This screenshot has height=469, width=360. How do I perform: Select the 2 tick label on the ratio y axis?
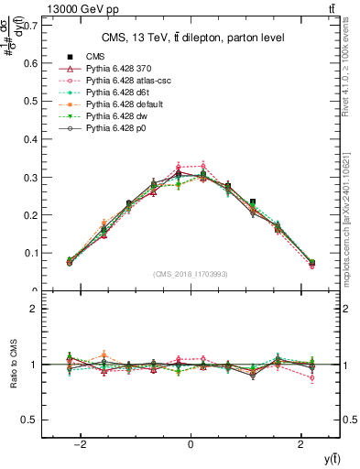pos(34,309)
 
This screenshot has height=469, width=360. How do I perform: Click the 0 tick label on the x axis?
pos(191,444)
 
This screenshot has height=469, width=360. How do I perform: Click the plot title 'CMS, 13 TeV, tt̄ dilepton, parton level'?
pos(191,38)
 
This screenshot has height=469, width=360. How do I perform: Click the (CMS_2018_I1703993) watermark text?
pos(191,274)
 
